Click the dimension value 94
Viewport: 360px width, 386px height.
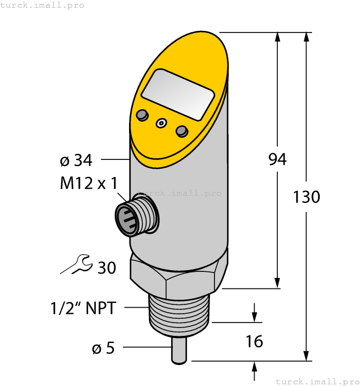click(277, 160)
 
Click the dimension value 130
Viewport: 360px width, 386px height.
click(307, 197)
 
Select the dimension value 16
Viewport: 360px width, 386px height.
click(254, 342)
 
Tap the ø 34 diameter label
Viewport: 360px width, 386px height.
click(76, 160)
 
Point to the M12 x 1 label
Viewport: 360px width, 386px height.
click(89, 184)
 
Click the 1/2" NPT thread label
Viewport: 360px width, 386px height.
click(83, 308)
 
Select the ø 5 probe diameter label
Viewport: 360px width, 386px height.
click(102, 348)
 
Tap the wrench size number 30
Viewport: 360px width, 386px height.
click(106, 268)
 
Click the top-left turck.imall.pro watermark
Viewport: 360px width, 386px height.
click(42, 5)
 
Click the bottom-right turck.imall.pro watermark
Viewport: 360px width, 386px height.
click(316, 381)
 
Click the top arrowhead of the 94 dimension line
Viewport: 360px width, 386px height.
click(277, 37)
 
